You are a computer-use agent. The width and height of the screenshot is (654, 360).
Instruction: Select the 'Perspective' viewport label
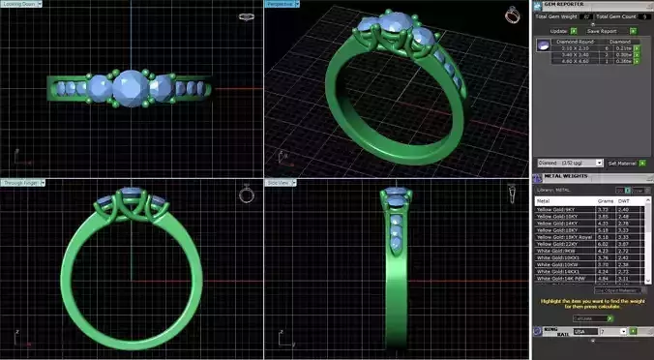(280, 5)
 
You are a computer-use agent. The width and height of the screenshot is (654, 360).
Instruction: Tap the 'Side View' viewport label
(279, 182)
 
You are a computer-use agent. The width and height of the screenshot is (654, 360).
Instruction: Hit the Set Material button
(621, 163)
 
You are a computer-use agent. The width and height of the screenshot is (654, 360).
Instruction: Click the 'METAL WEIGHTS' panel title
(567, 176)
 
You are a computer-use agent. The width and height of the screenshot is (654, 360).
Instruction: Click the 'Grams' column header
(603, 201)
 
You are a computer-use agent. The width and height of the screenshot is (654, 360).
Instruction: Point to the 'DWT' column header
(623, 201)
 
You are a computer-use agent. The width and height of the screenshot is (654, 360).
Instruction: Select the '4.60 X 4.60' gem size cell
(571, 61)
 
